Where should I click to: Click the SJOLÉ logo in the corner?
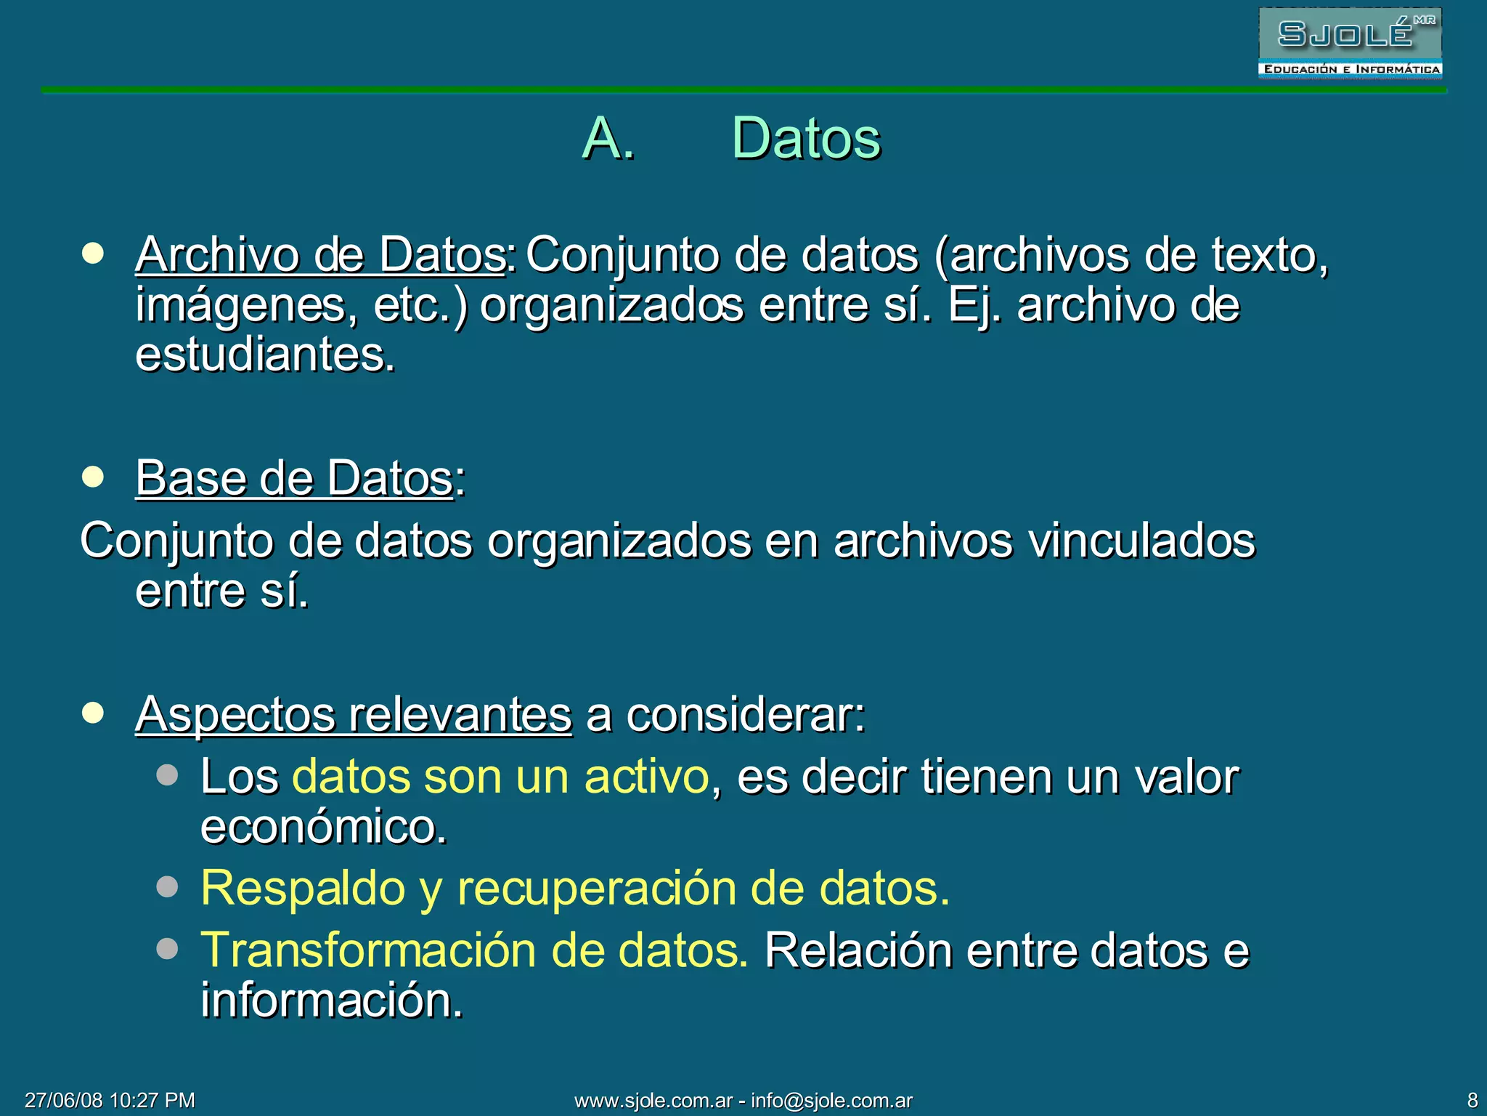pyautogui.click(x=1350, y=43)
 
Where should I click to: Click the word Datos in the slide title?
pyautogui.click(x=806, y=138)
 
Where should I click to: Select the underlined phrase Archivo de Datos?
pyautogui.click(x=320, y=255)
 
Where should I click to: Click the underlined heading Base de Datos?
pyautogui.click(x=295, y=479)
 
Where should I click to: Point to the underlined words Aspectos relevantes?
pyautogui.click(x=354, y=715)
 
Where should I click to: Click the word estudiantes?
pyautogui.click(x=265, y=355)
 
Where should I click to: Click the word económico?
pyautogui.click(x=323, y=827)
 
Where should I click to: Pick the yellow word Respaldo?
pyautogui.click(x=303, y=888)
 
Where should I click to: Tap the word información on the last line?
pyautogui.click(x=331, y=1000)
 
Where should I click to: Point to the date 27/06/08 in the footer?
pyautogui.click(x=63, y=1100)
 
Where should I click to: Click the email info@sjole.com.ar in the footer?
pyautogui.click(x=831, y=1100)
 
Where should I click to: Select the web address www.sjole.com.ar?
pyautogui.click(x=653, y=1100)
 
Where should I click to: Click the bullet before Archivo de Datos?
pyautogui.click(x=93, y=254)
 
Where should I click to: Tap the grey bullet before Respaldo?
pyautogui.click(x=167, y=887)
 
